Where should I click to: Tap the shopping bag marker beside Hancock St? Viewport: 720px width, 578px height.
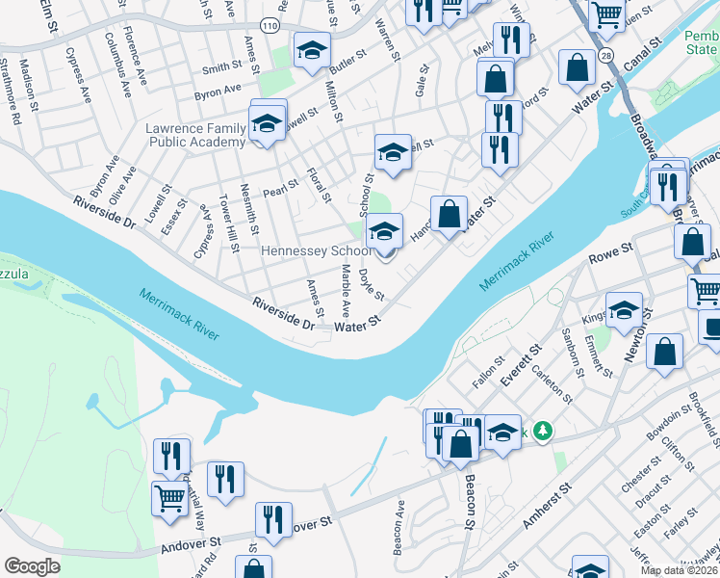(x=449, y=215)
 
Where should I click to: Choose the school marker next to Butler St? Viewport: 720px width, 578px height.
(x=311, y=52)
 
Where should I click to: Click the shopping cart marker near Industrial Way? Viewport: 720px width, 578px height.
(x=169, y=499)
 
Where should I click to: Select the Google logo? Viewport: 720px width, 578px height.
(x=32, y=566)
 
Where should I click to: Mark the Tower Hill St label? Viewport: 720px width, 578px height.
(x=229, y=223)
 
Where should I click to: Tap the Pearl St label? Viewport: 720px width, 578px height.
(x=280, y=187)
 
